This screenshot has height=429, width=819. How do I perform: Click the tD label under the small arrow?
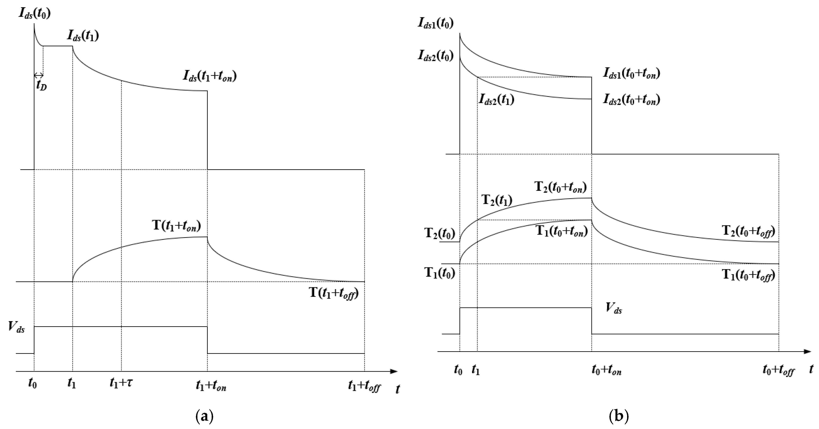[41, 85]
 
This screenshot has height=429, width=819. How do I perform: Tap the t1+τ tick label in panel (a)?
[121, 383]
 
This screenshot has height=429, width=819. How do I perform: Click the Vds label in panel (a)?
[16, 327]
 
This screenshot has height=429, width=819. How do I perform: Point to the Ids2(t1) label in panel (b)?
[496, 100]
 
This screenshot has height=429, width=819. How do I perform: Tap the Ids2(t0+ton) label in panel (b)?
[632, 100]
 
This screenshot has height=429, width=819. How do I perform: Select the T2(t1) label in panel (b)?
[497, 200]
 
